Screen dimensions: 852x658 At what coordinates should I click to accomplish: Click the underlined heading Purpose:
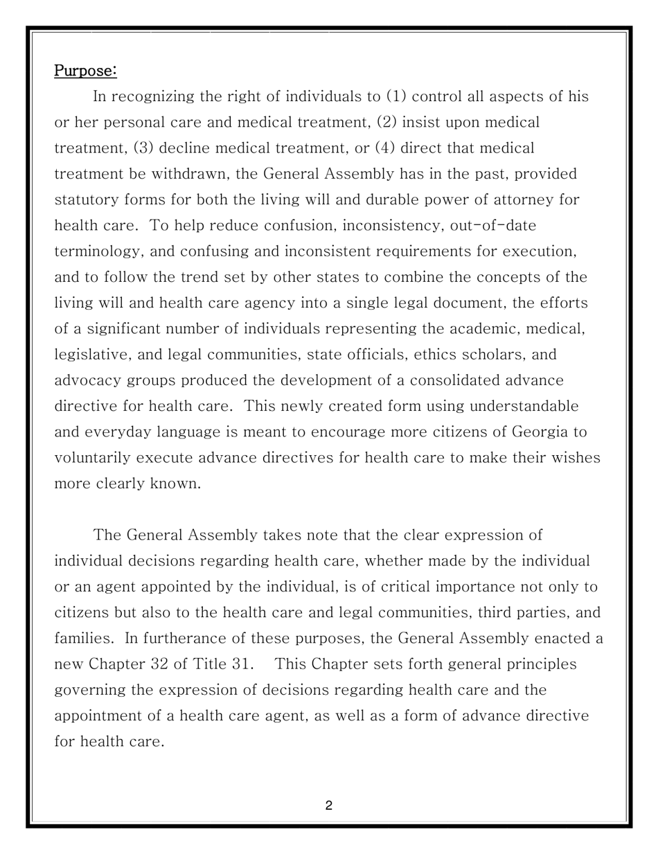point(86,71)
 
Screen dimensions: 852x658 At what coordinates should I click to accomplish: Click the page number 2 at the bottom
point(328,806)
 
